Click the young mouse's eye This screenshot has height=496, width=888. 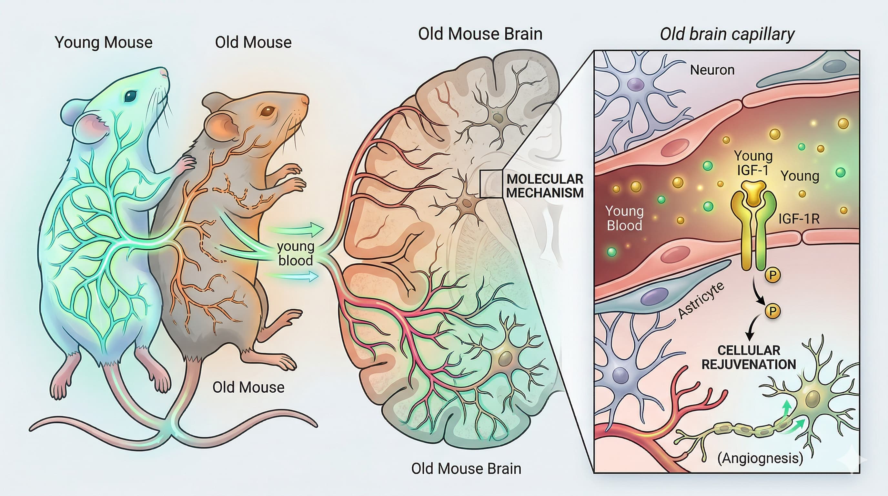(130, 96)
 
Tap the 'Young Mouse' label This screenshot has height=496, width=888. (103, 42)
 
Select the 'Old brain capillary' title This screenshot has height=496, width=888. (727, 35)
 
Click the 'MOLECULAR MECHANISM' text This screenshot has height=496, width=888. (545, 186)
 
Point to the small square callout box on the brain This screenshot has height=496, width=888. (491, 184)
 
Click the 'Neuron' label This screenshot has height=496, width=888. (712, 70)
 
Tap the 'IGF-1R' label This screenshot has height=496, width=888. (799, 219)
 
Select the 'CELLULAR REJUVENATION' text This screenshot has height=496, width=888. (749, 357)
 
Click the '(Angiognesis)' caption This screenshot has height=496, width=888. (760, 458)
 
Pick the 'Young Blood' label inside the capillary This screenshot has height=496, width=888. (624, 218)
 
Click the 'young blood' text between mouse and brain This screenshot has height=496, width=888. (296, 253)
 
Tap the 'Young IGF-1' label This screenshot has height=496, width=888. (753, 163)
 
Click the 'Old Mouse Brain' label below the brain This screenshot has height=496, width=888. (466, 469)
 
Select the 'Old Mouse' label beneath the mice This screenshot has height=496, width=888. (248, 387)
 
